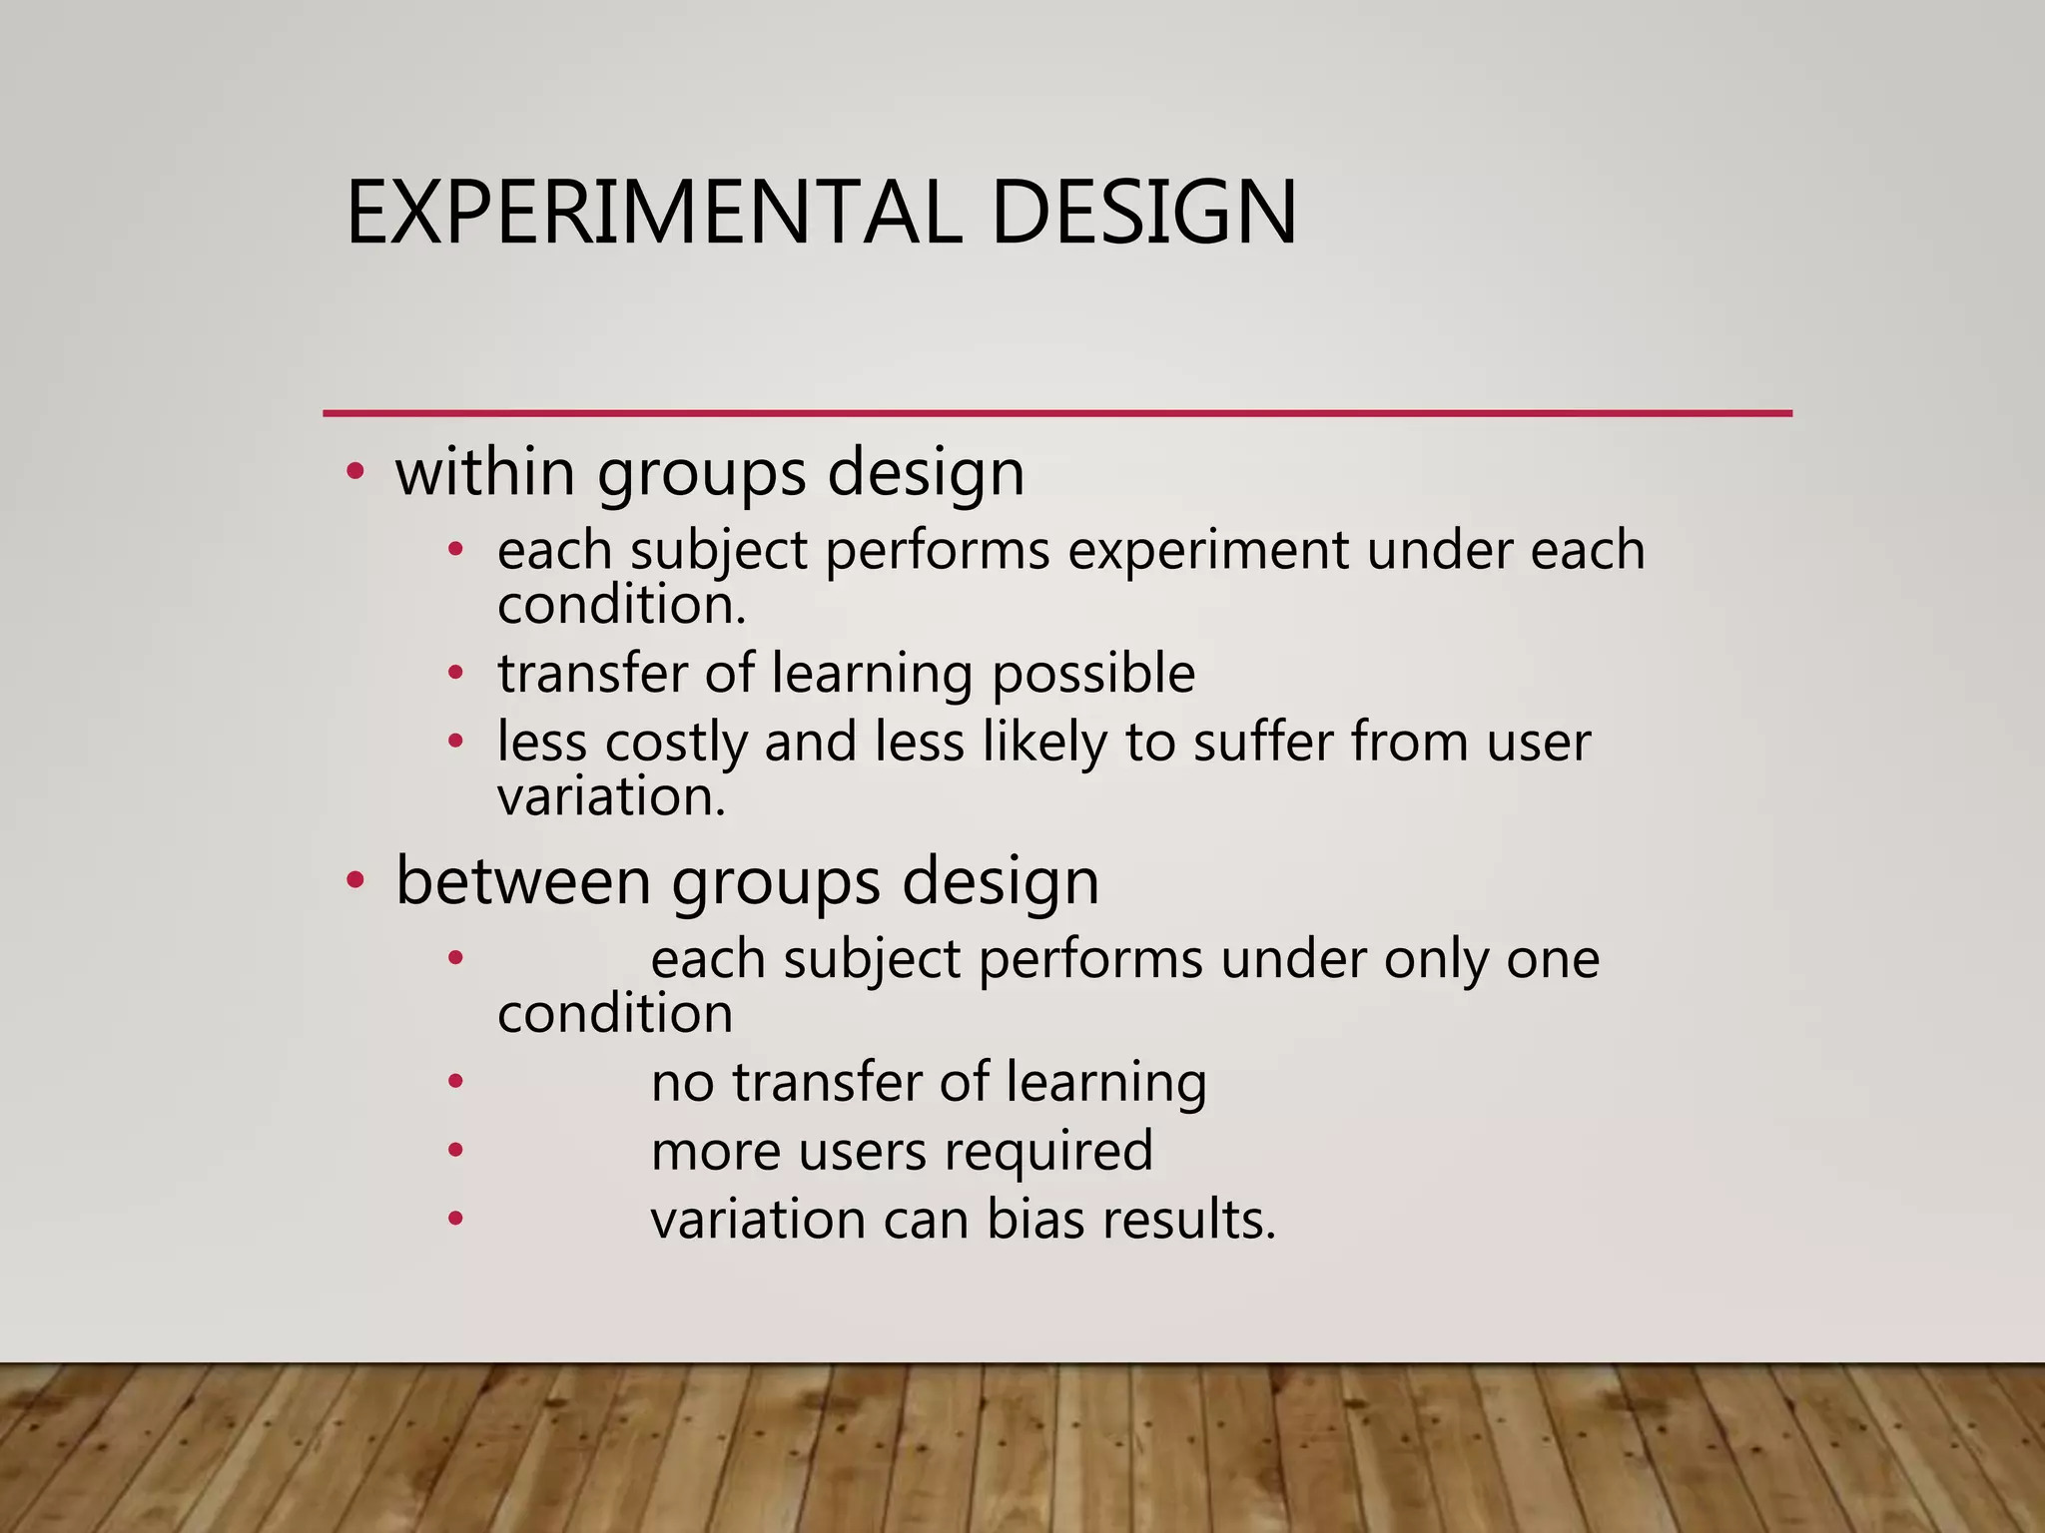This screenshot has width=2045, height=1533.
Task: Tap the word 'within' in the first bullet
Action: point(485,471)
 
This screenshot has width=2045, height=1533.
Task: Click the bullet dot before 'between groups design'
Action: point(355,880)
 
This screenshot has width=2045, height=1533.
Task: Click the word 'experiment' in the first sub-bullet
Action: point(1207,550)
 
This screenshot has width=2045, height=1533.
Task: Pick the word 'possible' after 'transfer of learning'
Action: point(1092,673)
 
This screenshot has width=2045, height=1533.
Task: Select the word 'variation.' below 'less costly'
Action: point(611,796)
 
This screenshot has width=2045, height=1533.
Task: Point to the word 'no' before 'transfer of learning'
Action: point(682,1082)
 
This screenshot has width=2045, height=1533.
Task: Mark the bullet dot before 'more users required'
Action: point(455,1150)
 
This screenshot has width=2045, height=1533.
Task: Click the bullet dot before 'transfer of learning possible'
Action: point(455,673)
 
